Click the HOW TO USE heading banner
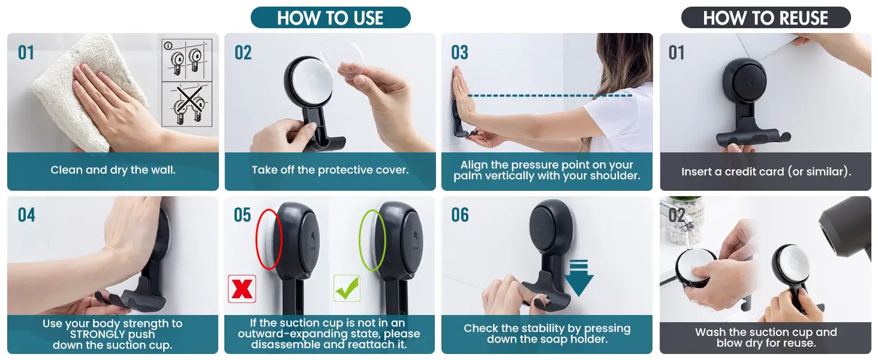point(330,17)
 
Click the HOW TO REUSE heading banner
point(765,17)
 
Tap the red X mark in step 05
point(242,289)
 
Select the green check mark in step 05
point(347,288)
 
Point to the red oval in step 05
point(257,239)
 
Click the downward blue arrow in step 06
point(579,278)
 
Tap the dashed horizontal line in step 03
point(549,95)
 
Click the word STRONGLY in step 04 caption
point(113,334)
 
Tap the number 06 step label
point(460,215)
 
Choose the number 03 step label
point(460,53)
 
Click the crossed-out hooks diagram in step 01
point(187,104)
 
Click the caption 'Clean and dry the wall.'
point(113,170)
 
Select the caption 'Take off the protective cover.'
point(330,170)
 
